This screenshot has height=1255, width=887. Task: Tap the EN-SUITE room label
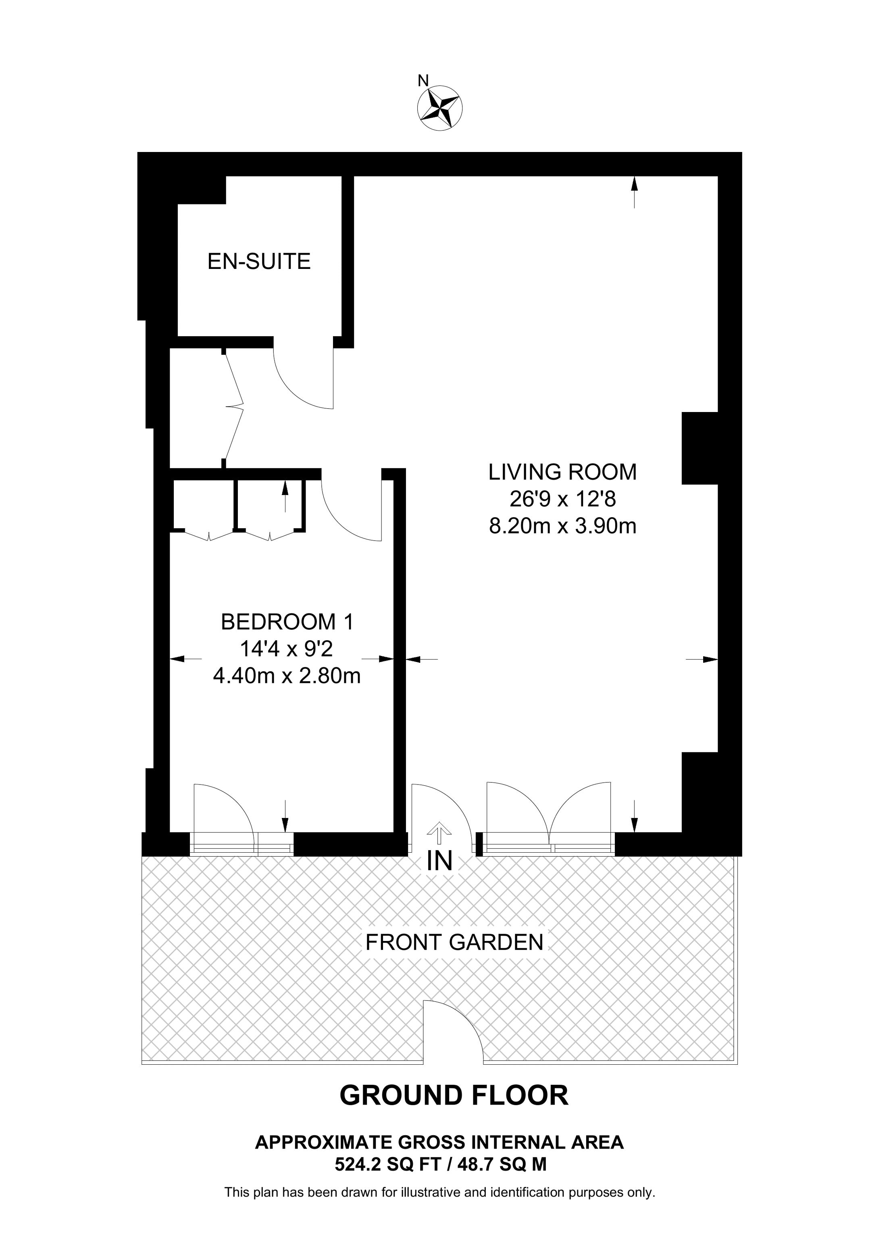point(259,261)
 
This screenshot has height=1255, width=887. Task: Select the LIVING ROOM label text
point(562,472)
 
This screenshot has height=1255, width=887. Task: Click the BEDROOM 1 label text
point(287,622)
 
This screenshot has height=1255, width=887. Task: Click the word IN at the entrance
point(440,862)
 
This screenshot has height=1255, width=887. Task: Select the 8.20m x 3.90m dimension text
point(562,527)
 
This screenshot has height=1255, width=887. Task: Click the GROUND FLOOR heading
point(454,1095)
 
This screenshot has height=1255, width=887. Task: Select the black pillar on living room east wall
point(700,448)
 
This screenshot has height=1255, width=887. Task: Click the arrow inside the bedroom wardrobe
point(284,495)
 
